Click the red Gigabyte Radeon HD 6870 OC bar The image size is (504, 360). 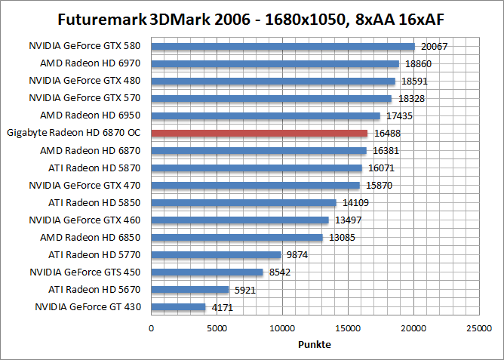(x=260, y=133)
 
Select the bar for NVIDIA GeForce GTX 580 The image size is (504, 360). (x=283, y=46)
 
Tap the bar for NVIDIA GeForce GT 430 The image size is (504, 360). (x=179, y=307)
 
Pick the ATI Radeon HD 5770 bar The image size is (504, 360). (x=216, y=255)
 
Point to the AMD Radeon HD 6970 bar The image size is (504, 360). (x=275, y=63)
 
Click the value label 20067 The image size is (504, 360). (x=435, y=46)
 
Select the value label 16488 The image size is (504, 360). (x=388, y=133)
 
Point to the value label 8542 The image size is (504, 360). (x=281, y=272)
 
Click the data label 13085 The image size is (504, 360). (x=340, y=238)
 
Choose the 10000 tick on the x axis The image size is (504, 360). (x=283, y=328)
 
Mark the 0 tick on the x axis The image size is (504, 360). (x=152, y=328)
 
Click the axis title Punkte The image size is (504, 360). (x=315, y=344)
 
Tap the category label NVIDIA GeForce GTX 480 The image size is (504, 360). (x=85, y=81)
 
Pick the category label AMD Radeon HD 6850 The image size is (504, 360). (x=93, y=238)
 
